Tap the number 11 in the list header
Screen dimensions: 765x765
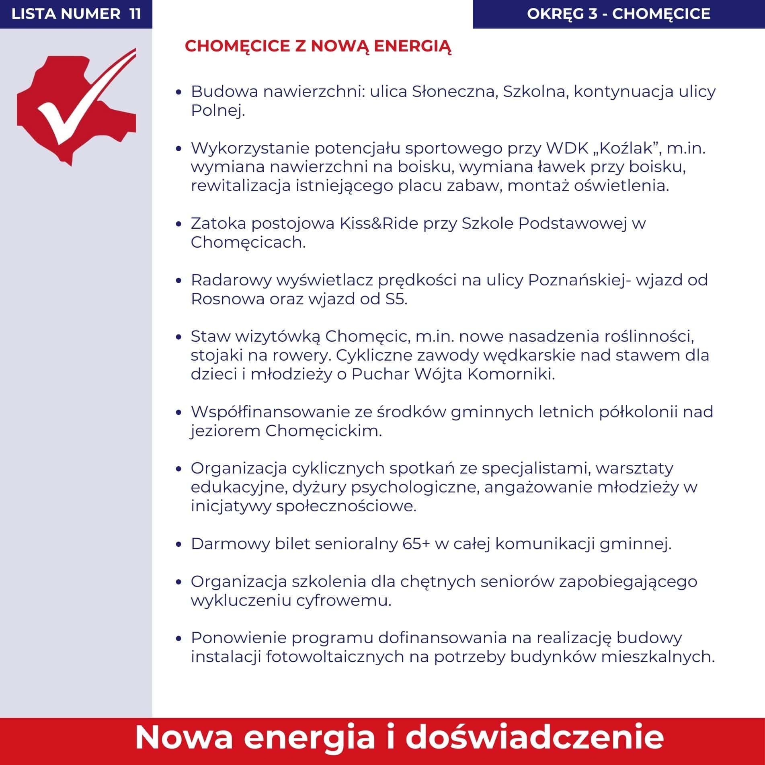click(135, 14)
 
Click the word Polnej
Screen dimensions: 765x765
click(217, 111)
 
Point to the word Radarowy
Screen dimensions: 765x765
click(231, 280)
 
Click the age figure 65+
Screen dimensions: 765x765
click(416, 544)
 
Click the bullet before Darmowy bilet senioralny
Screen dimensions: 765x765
click(179, 545)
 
